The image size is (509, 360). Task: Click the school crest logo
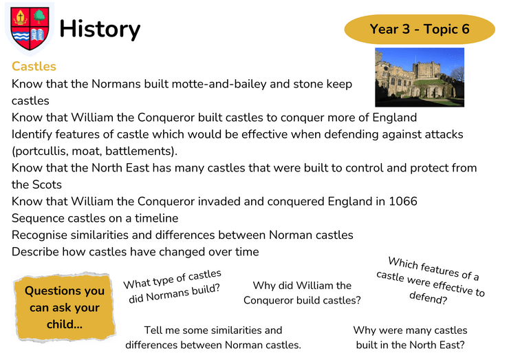(30, 29)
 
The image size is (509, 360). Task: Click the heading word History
(100, 30)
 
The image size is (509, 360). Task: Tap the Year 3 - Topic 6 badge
(420, 29)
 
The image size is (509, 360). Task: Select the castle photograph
(420, 77)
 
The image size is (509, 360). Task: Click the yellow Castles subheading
(34, 66)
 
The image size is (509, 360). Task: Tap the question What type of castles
(173, 286)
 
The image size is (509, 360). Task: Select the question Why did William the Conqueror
(302, 293)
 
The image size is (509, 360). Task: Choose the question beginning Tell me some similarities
(213, 337)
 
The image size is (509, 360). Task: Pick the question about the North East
(410, 337)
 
